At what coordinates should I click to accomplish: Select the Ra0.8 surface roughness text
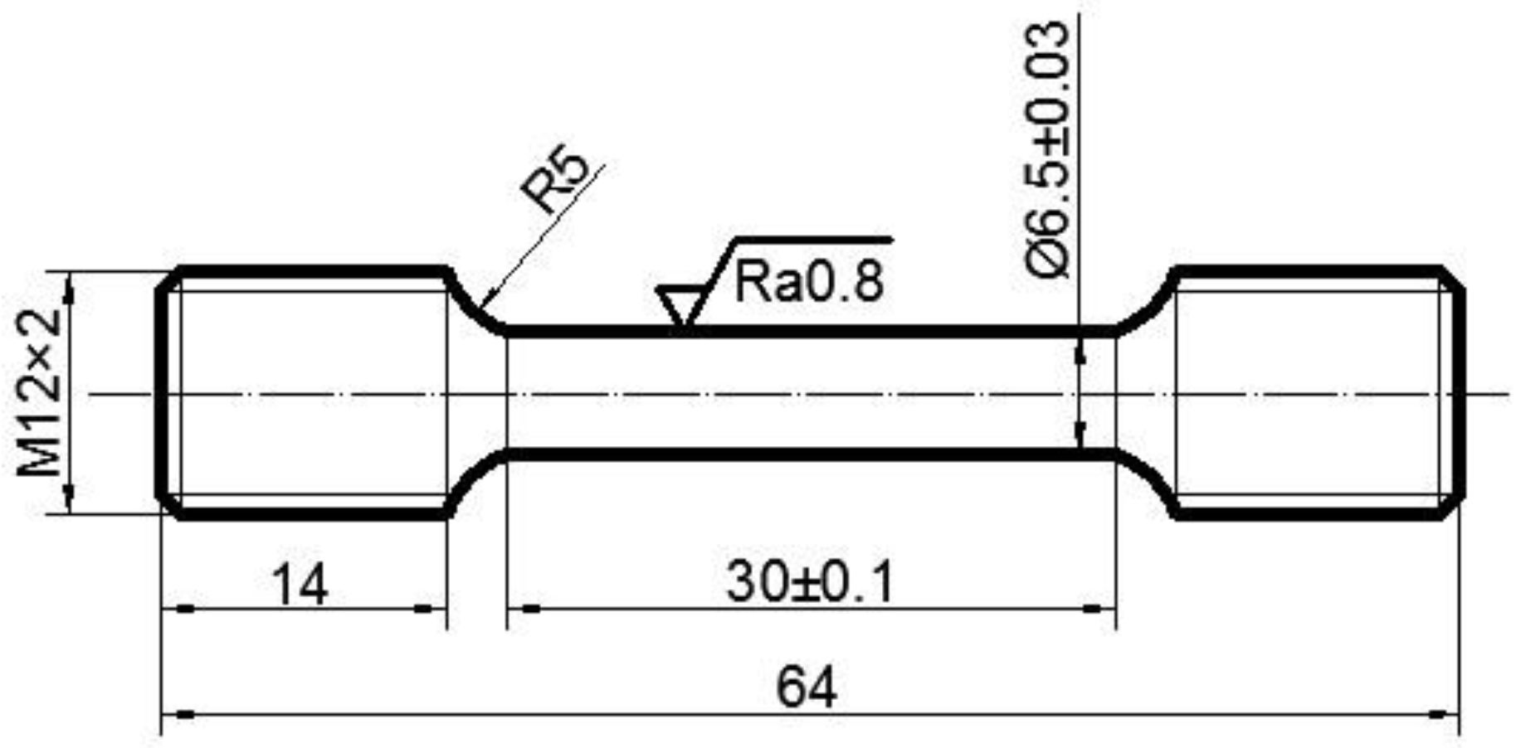pos(809,282)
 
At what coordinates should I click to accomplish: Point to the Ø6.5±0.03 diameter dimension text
pos(1047,149)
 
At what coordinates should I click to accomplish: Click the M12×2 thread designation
pos(40,391)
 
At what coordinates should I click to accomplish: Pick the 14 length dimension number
pos(300,585)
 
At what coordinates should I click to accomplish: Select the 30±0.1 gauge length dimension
pos(811,582)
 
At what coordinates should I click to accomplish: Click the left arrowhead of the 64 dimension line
pos(178,714)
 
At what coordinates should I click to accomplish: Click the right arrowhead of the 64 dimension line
pos(1442,714)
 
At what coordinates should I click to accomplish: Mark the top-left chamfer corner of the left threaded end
pos(169,279)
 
